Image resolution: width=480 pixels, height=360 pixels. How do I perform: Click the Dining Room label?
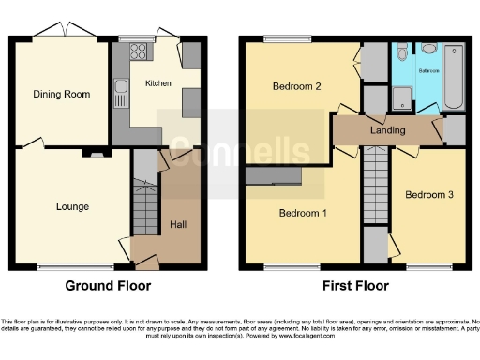(54, 94)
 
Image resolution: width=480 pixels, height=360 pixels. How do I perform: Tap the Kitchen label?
(157, 83)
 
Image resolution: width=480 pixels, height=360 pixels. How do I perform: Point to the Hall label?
(176, 223)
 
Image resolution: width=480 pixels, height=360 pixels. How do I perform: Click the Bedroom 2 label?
(297, 87)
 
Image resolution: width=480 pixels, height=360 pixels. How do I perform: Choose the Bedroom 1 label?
(303, 213)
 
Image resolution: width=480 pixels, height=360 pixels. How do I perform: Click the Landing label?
(387, 130)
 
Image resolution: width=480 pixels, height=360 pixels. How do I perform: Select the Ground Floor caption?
(107, 285)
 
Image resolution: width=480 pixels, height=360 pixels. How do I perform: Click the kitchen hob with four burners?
(141, 52)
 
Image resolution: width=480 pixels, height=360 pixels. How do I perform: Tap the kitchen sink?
(121, 92)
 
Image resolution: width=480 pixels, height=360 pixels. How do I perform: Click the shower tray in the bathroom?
(403, 97)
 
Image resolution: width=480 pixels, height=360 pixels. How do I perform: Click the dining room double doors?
(68, 35)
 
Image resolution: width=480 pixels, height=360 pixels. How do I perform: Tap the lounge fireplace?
(92, 151)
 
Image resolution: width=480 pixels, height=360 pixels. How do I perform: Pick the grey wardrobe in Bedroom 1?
(273, 175)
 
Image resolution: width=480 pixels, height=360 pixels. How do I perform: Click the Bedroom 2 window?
(280, 39)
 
